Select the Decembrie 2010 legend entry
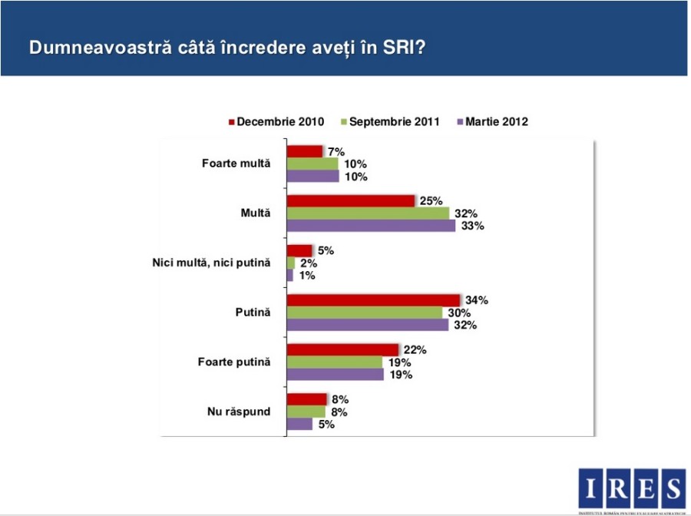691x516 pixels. pos(276,121)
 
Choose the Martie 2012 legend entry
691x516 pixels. pos(492,121)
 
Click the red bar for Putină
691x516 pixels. pos(373,300)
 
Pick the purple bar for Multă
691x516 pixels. pos(371,226)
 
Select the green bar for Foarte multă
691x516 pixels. pos(312,164)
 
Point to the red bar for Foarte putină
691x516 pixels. pos(342,350)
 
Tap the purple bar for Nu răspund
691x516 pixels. pos(299,424)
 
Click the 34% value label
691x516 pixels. pos(477,300)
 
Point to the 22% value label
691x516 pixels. pos(415,350)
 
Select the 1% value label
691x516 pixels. pos(306,276)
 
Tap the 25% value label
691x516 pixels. pos(431,201)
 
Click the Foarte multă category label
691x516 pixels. pos(236,164)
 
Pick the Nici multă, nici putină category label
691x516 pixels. pos(212,263)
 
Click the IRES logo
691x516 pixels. pos(631,488)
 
